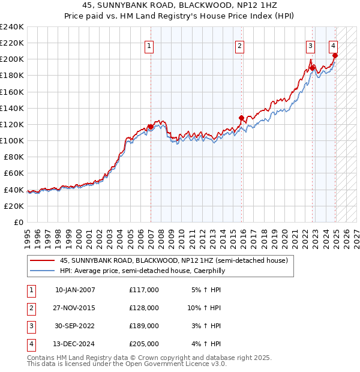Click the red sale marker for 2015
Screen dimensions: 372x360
click(x=241, y=118)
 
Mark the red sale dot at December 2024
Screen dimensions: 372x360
click(x=335, y=55)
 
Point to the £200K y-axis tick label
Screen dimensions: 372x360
click(x=12, y=59)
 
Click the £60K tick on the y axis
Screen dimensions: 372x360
click(x=14, y=173)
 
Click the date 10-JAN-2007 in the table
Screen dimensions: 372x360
click(x=75, y=290)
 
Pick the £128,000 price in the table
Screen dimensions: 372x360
click(x=143, y=308)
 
